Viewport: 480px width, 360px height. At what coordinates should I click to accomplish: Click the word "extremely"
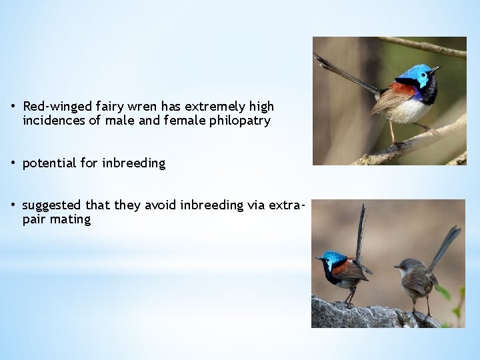click(213, 107)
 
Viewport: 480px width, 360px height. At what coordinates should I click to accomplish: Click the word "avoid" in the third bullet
click(160, 205)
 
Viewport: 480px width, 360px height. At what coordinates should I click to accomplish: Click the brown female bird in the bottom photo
click(416, 277)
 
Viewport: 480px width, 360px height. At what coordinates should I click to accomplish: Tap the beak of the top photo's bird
click(436, 68)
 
